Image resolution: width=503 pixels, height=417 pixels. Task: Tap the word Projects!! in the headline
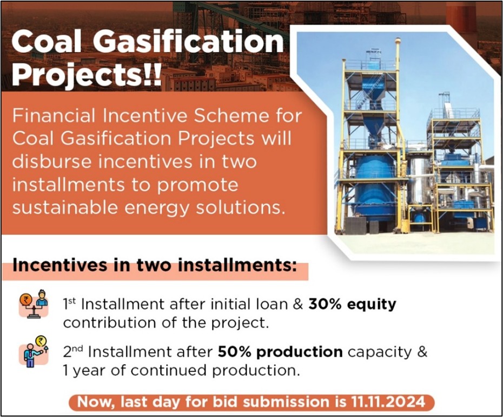tap(87, 75)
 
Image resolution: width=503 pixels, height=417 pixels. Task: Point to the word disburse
tap(52, 161)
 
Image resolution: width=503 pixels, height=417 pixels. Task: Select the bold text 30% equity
tap(352, 304)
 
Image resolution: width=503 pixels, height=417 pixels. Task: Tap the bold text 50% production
tap(280, 352)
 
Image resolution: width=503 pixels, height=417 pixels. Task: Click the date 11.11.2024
tap(388, 402)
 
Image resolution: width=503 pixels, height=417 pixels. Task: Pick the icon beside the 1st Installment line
tap(34, 304)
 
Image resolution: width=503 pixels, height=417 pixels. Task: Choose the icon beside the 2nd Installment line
tap(34, 351)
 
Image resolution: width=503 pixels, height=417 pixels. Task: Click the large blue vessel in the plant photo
tap(375, 187)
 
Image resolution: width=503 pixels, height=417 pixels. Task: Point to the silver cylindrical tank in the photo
tap(419, 175)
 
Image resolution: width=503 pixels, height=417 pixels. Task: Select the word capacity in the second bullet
tap(380, 353)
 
